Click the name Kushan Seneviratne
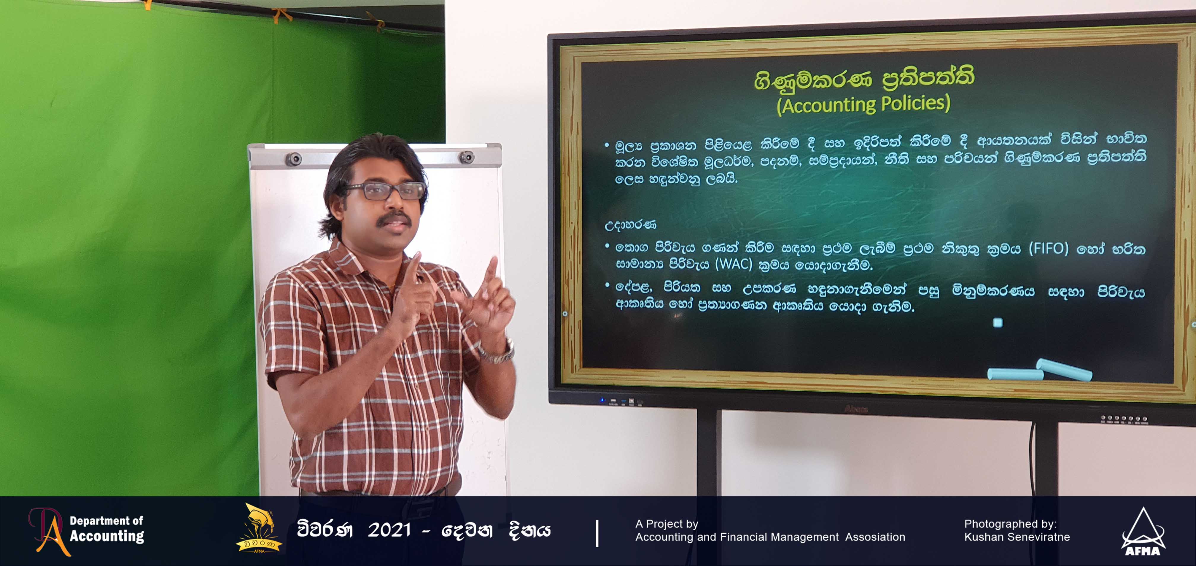(x=1017, y=537)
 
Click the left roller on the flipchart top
(x=293, y=159)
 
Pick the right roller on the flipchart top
(x=466, y=157)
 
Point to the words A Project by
(x=667, y=524)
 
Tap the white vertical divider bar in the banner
(x=597, y=533)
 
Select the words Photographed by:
(x=1010, y=524)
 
